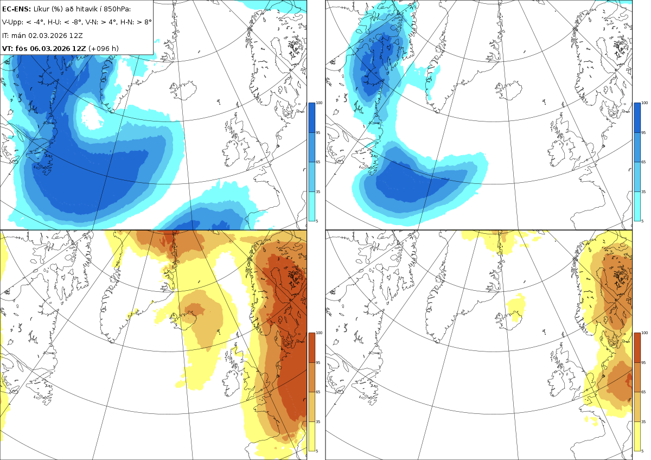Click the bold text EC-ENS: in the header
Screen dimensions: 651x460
pyautogui.click(x=16, y=9)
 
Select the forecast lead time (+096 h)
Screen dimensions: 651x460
pyautogui.click(x=104, y=48)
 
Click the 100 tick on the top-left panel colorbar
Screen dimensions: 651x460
pyautogui.click(x=319, y=103)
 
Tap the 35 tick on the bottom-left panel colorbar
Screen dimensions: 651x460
pyautogui.click(x=318, y=421)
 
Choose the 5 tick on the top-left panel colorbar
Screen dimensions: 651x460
pyautogui.click(x=317, y=221)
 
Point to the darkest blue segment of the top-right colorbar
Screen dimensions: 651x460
pyautogui.click(x=637, y=118)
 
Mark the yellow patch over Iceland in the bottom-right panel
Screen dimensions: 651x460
pyautogui.click(x=515, y=308)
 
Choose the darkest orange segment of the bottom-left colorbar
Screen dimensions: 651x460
pyautogui.click(x=312, y=348)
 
